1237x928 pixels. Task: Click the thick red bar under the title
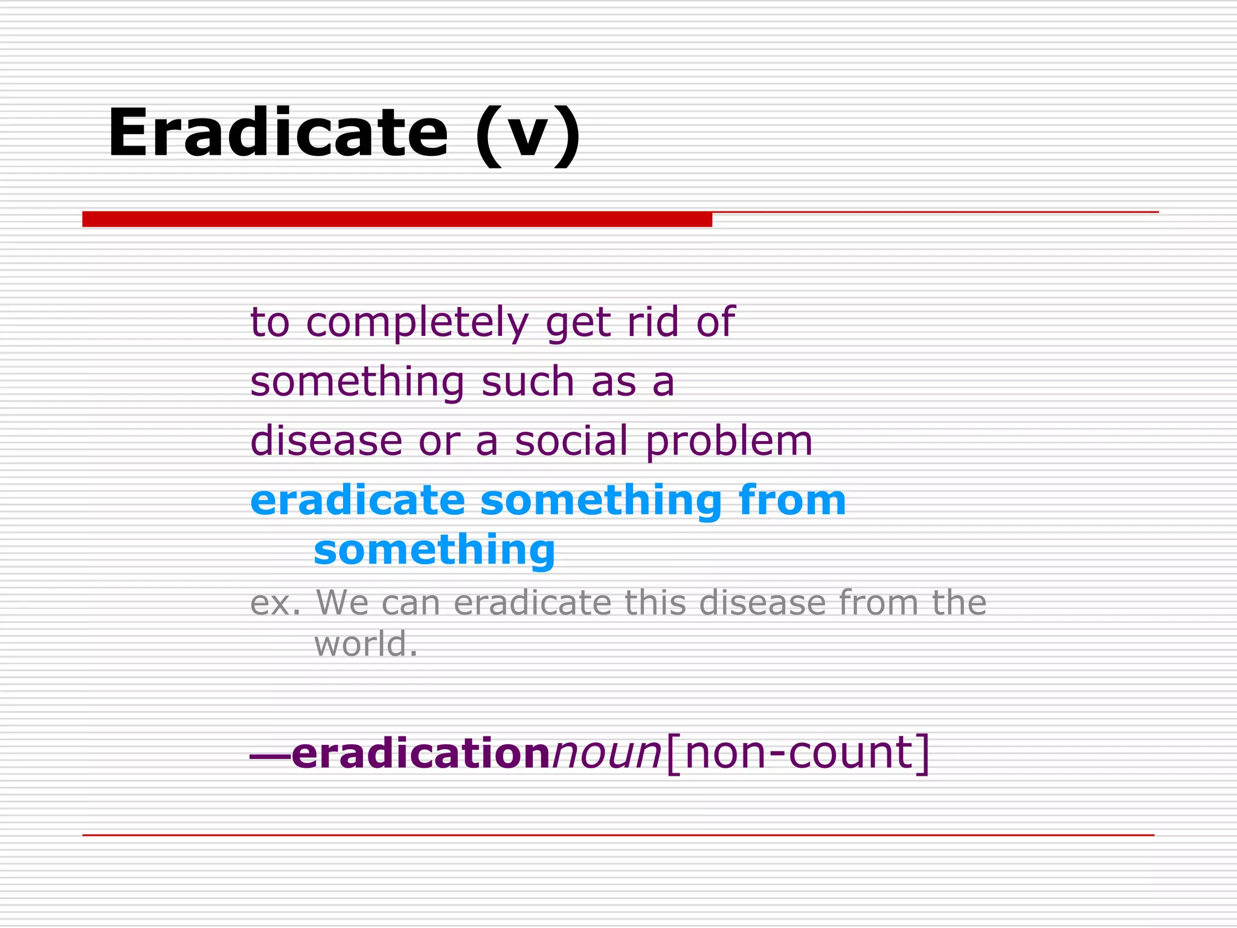[397, 219]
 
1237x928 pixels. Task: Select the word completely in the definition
[417, 322]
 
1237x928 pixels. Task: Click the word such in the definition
[528, 382]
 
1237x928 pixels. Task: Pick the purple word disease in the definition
[326, 440]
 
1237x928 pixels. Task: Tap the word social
[571, 440]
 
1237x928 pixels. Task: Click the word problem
[729, 442]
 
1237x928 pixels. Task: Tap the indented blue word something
[434, 550]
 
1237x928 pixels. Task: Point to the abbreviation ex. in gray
[275, 603]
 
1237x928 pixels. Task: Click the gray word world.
[365, 643]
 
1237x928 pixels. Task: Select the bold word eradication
[420, 753]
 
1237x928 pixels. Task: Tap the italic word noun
[607, 753]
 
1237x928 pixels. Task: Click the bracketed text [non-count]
[797, 753]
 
